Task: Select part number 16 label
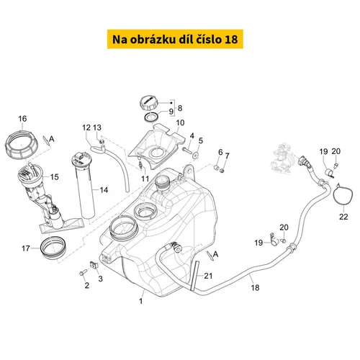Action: (22, 119)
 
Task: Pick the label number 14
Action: (104, 190)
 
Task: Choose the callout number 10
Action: (179, 123)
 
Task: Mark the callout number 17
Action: (26, 249)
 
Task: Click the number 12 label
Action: (86, 127)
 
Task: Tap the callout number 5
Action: (200, 141)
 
